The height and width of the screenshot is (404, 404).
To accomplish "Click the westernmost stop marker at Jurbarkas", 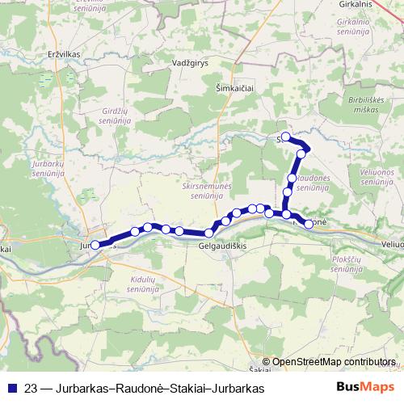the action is pos(95,244).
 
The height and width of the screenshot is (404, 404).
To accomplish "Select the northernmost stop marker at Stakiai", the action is pos(285,137).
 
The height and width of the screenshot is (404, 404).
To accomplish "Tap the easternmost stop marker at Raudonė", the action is pos(309,224).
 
